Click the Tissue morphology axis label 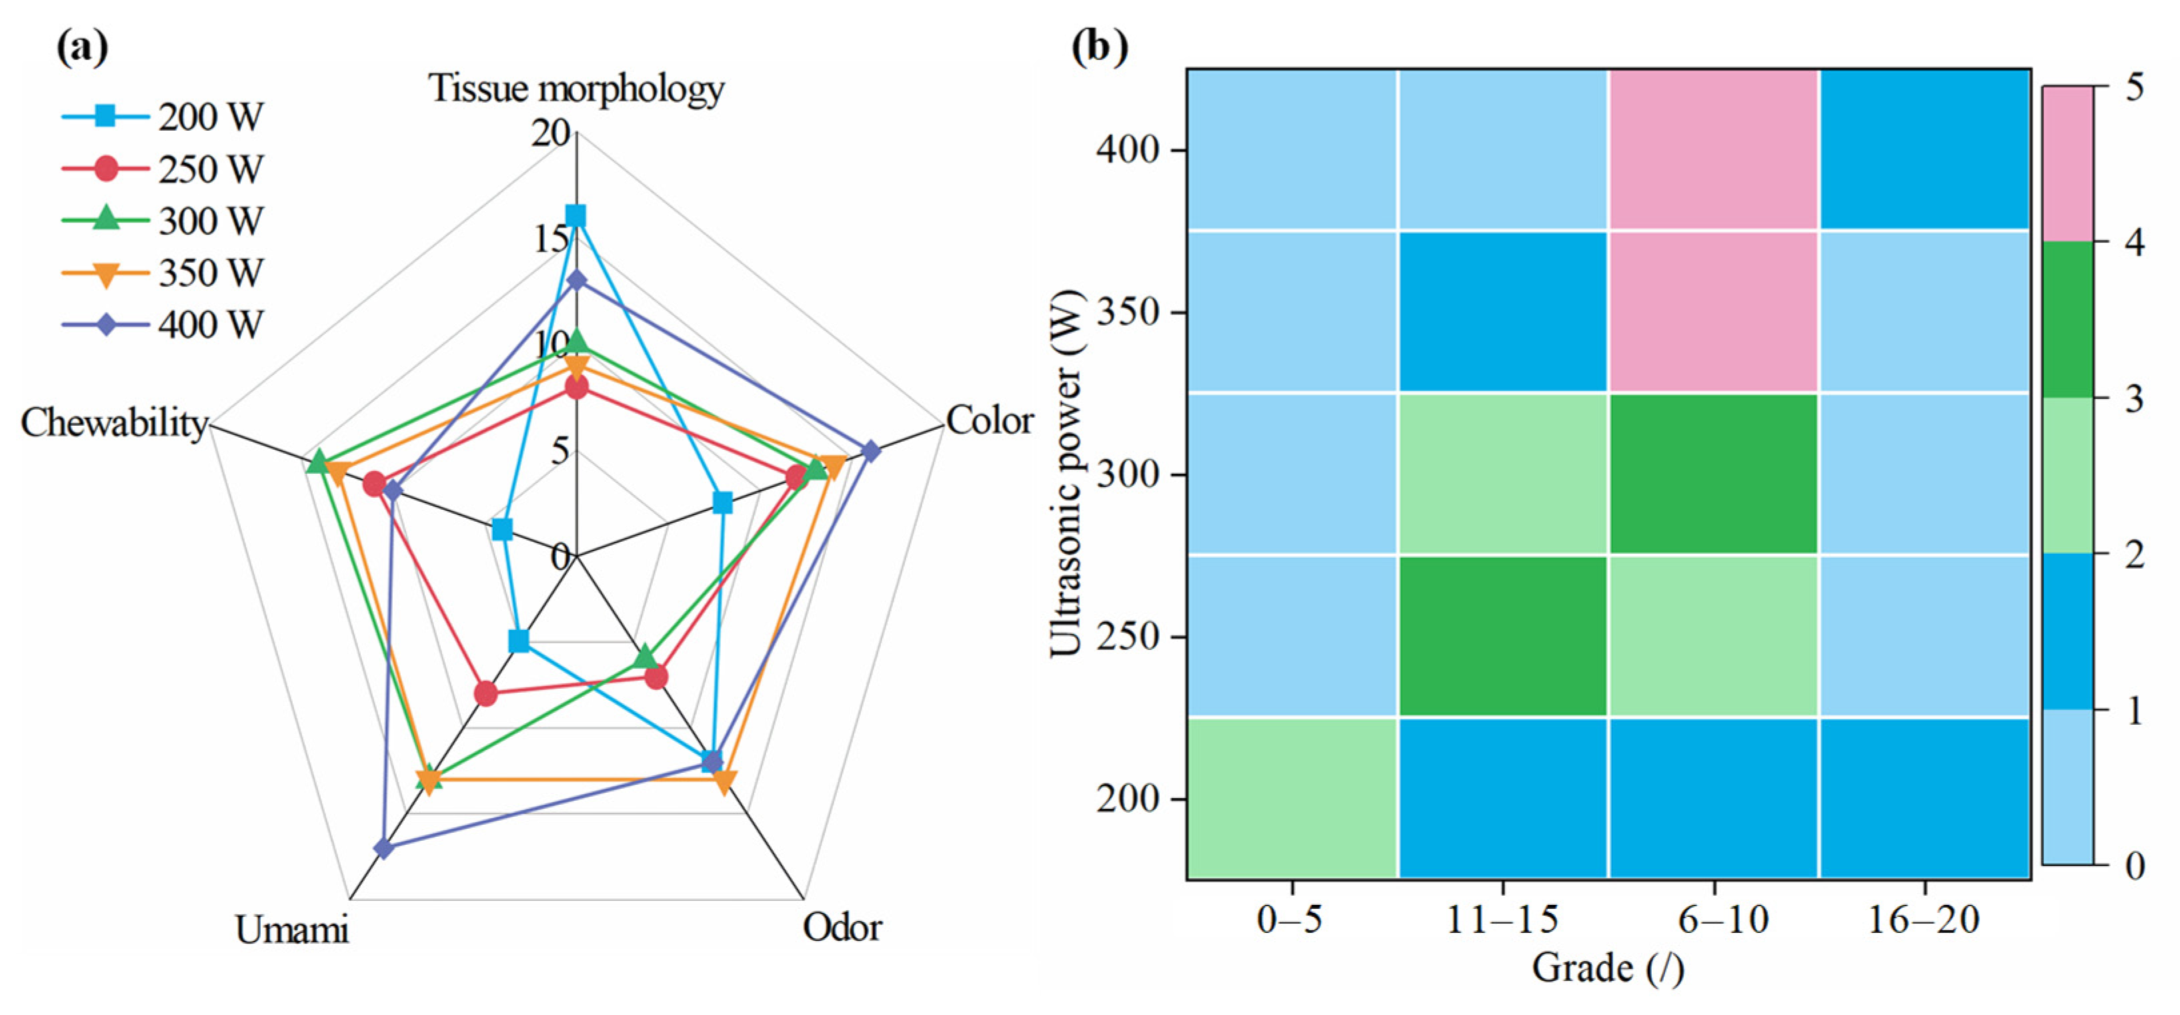coord(576,88)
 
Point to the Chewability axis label coord(113,422)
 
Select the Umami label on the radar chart coord(291,930)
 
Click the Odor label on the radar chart coord(842,928)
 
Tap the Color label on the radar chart coord(989,420)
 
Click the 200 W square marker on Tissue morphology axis coord(576,217)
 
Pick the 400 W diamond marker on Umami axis coord(384,848)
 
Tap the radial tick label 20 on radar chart coord(551,133)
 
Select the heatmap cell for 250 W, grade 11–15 coord(1503,636)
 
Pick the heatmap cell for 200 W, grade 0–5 coord(1292,798)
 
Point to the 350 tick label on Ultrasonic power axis coord(1128,312)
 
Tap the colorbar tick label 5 coord(2133,88)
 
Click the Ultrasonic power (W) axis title coord(1066,474)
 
